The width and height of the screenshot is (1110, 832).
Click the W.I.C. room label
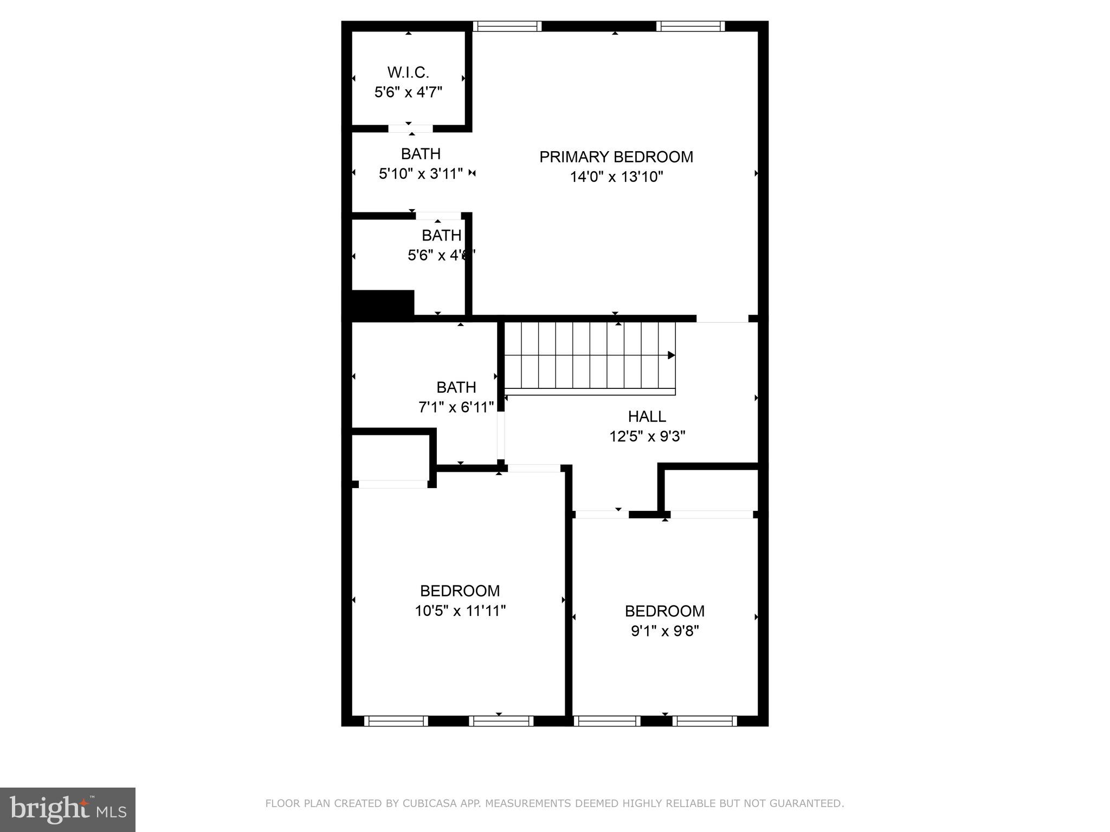tap(408, 72)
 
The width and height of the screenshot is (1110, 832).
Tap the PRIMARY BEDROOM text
tap(616, 157)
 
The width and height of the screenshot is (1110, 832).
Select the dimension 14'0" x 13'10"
tap(616, 177)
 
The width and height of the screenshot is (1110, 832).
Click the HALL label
tap(647, 417)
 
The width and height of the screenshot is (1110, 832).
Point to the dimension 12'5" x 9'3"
tap(647, 437)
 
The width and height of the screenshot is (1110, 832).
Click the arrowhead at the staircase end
tap(671, 355)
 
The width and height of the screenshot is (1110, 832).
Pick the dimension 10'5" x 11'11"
tap(460, 611)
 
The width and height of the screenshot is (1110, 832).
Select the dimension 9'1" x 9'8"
tap(664, 631)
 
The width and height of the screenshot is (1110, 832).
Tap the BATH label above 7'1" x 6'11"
tap(456, 387)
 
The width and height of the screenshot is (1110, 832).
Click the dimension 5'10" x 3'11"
tap(421, 174)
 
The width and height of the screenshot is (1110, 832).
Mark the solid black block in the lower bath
tap(383, 303)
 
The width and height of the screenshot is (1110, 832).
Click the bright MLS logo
tap(68, 810)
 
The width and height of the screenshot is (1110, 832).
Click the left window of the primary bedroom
tap(507, 26)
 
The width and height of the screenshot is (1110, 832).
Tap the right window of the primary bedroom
tap(690, 26)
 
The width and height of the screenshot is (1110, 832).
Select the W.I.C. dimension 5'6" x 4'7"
tap(408, 92)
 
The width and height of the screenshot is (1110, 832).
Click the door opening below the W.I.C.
tap(410, 129)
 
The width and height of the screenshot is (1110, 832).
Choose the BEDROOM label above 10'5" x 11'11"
tap(460, 590)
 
